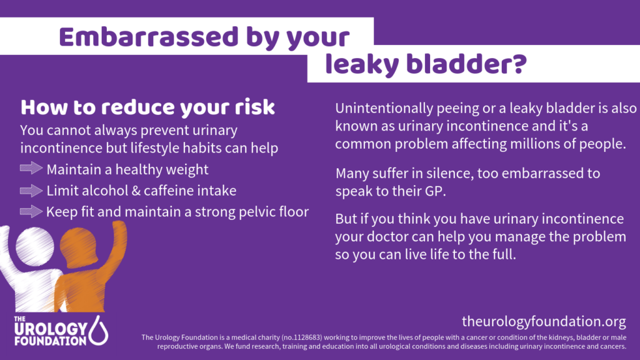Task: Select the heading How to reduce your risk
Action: [x=147, y=107]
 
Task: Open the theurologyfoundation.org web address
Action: [x=544, y=322]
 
